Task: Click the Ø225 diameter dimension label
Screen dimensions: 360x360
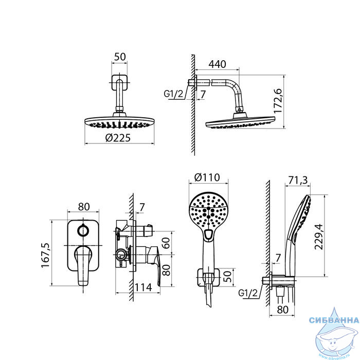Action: pos(118,138)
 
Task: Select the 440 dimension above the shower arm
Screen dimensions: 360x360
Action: pos(217,64)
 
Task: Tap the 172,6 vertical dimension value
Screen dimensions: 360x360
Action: pos(278,101)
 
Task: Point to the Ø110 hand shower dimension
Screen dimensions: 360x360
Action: pos(207,177)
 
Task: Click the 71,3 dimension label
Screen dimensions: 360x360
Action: pos(298,181)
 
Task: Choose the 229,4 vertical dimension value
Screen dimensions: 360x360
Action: pos(318,237)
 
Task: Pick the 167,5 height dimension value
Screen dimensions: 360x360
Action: pos(45,255)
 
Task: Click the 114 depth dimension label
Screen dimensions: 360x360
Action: pos(143,287)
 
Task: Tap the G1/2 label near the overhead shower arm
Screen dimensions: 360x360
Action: pos(174,94)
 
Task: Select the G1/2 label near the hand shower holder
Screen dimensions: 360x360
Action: pos(248,293)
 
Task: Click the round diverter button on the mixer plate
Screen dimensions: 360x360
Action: pos(83,230)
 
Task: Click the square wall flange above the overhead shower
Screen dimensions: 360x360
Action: pos(119,82)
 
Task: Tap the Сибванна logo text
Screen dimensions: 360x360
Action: pos(334,320)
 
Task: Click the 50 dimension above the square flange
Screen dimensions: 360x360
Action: pos(120,57)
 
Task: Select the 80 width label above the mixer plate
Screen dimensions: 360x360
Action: pos(84,207)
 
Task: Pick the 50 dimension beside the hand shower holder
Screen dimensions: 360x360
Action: pos(227,276)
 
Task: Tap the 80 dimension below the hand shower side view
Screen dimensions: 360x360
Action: pos(282,310)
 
